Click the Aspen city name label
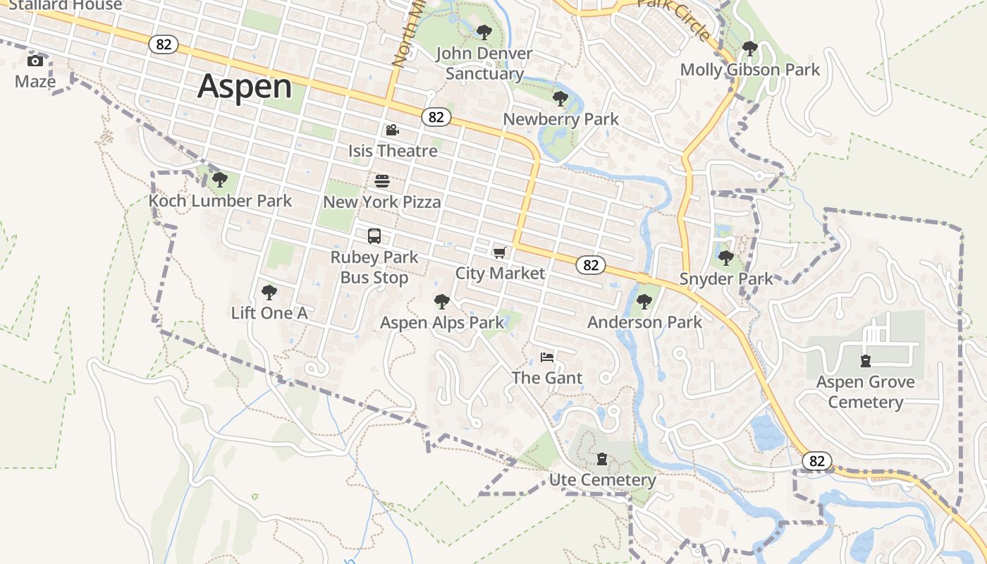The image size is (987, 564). pos(244,87)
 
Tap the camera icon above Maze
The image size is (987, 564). pos(35,61)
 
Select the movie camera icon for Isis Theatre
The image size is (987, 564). pos(392,130)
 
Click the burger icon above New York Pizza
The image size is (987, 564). pos(381,181)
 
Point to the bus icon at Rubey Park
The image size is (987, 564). pos(374,236)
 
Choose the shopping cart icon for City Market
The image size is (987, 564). pos(500,252)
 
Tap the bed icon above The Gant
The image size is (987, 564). pos(547,357)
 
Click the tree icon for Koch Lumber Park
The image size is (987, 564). pos(220,180)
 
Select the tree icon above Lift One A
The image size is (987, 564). pos(269,292)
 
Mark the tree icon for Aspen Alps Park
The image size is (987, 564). pos(442,302)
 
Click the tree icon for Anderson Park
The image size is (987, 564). pos(644,302)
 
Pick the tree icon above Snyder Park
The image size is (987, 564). pos(725,258)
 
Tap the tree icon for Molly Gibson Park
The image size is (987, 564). pos(750,49)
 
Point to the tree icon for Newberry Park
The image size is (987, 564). pos(560,99)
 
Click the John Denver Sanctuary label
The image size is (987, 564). pos(484,63)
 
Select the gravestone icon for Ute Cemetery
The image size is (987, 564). pos(601,460)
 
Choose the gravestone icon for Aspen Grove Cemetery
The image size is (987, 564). pos(865,362)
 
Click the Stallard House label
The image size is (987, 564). pos(66,5)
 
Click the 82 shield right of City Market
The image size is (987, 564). pos(591,265)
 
